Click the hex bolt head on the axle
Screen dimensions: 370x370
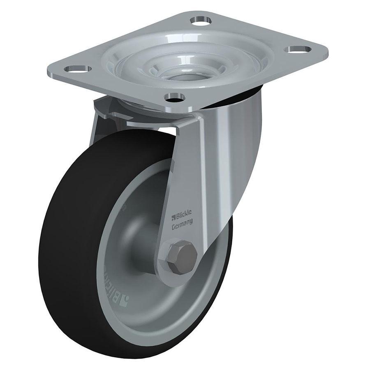click(x=180, y=255)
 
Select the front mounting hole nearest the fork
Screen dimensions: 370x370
click(x=174, y=97)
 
